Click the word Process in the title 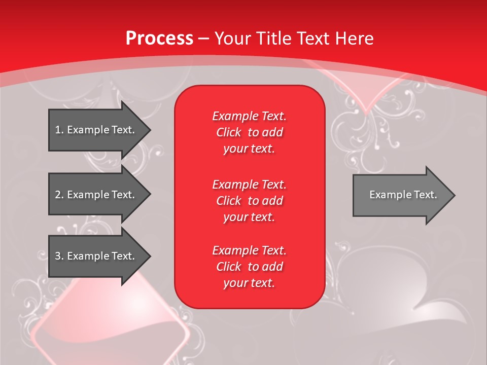[x=159, y=38]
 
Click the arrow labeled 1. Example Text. [x=100, y=130]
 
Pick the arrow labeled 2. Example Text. [x=100, y=194]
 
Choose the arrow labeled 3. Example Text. [x=100, y=256]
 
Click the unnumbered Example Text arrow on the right [x=404, y=195]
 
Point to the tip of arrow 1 [x=151, y=130]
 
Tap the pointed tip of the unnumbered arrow [x=455, y=195]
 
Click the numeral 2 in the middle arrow [x=58, y=195]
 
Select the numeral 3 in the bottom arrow [x=58, y=256]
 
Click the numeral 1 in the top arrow [x=58, y=130]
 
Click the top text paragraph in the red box [x=249, y=132]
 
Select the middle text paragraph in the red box [x=249, y=201]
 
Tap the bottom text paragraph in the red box [x=249, y=267]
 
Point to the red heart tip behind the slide [x=366, y=110]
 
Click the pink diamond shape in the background [x=110, y=320]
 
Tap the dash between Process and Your [x=203, y=40]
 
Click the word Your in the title [x=232, y=38]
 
